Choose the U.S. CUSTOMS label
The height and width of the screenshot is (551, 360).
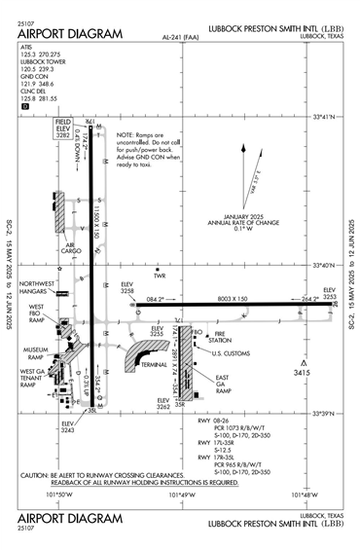[232, 352]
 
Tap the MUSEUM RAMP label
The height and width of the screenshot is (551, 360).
[35, 352]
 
